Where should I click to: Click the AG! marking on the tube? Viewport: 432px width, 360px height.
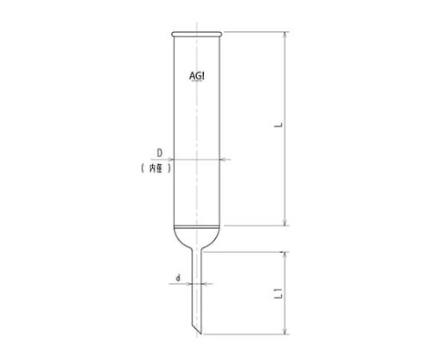point(197,76)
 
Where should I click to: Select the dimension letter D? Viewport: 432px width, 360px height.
point(159,153)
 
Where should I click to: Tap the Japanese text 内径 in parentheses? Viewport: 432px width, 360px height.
point(156,168)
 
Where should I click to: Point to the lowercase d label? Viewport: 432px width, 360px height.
point(178,278)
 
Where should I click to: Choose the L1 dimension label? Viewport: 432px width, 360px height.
point(279,294)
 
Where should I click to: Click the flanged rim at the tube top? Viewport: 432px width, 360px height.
point(197,35)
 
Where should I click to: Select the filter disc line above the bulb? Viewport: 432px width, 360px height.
point(197,227)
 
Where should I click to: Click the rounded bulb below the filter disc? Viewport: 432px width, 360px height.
point(197,237)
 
